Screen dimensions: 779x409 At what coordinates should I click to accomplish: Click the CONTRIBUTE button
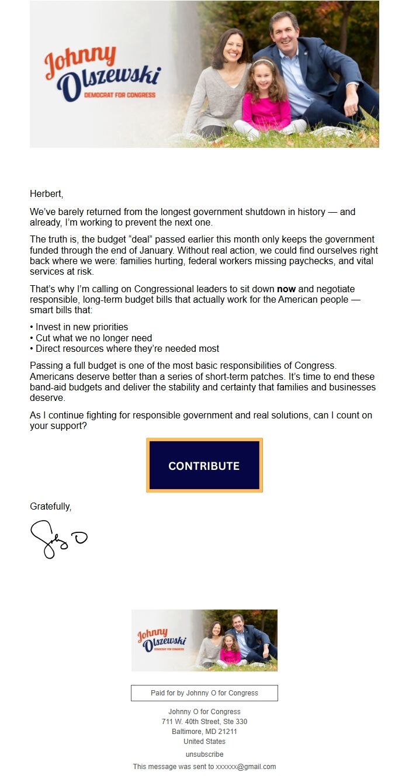tap(204, 465)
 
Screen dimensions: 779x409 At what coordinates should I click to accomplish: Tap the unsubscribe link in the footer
tap(204, 754)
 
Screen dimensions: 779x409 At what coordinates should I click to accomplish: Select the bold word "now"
tap(286, 289)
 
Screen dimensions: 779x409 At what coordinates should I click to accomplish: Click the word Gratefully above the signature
tap(50, 507)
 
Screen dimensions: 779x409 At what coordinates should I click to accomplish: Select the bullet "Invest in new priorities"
tap(81, 327)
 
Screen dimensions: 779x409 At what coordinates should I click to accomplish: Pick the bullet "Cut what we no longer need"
tap(93, 338)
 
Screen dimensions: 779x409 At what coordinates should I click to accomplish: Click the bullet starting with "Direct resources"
tap(127, 349)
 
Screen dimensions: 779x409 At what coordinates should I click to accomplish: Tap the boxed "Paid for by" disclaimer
tap(204, 693)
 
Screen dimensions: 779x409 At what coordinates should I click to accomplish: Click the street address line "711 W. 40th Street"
tap(204, 722)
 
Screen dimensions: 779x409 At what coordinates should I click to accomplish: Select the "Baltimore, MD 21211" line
tap(204, 732)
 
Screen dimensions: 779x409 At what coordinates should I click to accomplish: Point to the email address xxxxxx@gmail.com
tap(245, 767)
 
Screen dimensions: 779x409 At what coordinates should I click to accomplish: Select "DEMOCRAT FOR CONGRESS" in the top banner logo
tap(120, 95)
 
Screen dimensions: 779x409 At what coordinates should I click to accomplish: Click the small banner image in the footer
tap(204, 640)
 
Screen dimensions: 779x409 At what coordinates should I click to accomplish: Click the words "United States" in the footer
tap(204, 742)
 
